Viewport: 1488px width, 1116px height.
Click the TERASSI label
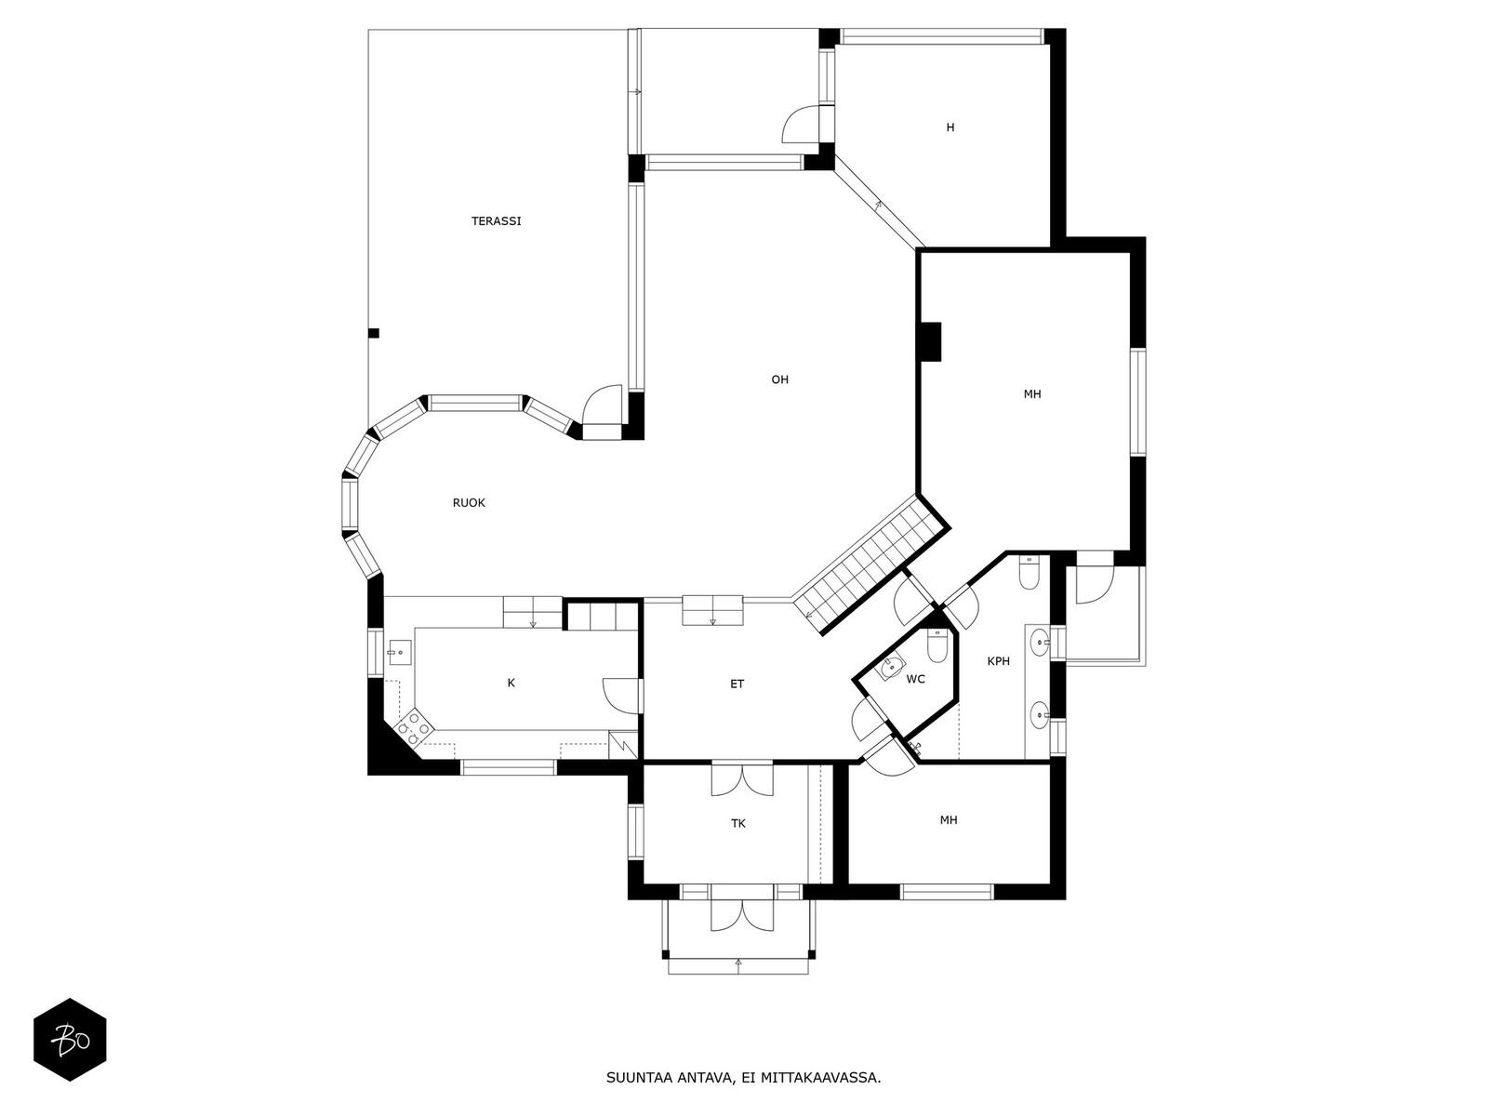click(x=497, y=221)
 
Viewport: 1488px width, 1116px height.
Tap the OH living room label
click(x=779, y=379)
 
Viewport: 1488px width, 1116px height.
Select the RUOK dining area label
click(x=469, y=503)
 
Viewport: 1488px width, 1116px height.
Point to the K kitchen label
click(x=511, y=683)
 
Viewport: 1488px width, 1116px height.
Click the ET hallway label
click(x=737, y=684)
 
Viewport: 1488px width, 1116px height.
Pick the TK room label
click(x=738, y=823)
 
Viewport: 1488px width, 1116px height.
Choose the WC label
click(x=915, y=679)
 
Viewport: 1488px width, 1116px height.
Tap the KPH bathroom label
click(x=999, y=660)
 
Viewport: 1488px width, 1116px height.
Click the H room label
click(x=950, y=127)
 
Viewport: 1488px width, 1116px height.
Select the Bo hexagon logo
click(x=70, y=1040)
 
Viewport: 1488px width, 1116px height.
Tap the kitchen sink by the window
click(x=400, y=652)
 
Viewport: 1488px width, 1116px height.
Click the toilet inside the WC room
click(x=937, y=646)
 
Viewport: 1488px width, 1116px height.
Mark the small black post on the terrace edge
click(x=374, y=333)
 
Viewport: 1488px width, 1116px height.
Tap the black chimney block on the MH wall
click(x=930, y=341)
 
